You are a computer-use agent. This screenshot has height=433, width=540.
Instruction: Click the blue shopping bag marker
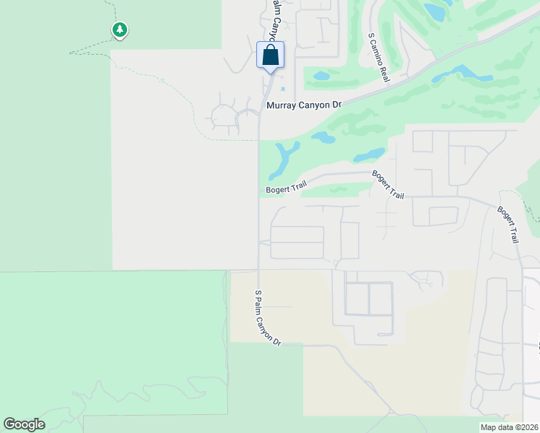pos(270,55)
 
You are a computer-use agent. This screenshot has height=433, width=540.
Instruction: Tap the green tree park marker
pos(119,30)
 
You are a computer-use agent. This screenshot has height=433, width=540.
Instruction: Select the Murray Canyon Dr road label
pos(303,105)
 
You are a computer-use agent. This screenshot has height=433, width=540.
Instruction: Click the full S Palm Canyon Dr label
pos(266,318)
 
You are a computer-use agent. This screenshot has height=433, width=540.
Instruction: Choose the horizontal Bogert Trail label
pos(286,189)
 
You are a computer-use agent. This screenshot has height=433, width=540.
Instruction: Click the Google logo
pos(24,424)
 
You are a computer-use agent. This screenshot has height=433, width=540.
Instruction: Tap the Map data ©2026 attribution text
pos(510,427)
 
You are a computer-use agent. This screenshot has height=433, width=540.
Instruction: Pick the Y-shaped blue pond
pos(284,158)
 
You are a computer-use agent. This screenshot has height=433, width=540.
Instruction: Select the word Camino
pos(377,52)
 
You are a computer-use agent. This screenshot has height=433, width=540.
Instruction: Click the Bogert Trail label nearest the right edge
pos(508,224)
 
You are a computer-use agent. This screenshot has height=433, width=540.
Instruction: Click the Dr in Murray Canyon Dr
pos(335,105)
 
